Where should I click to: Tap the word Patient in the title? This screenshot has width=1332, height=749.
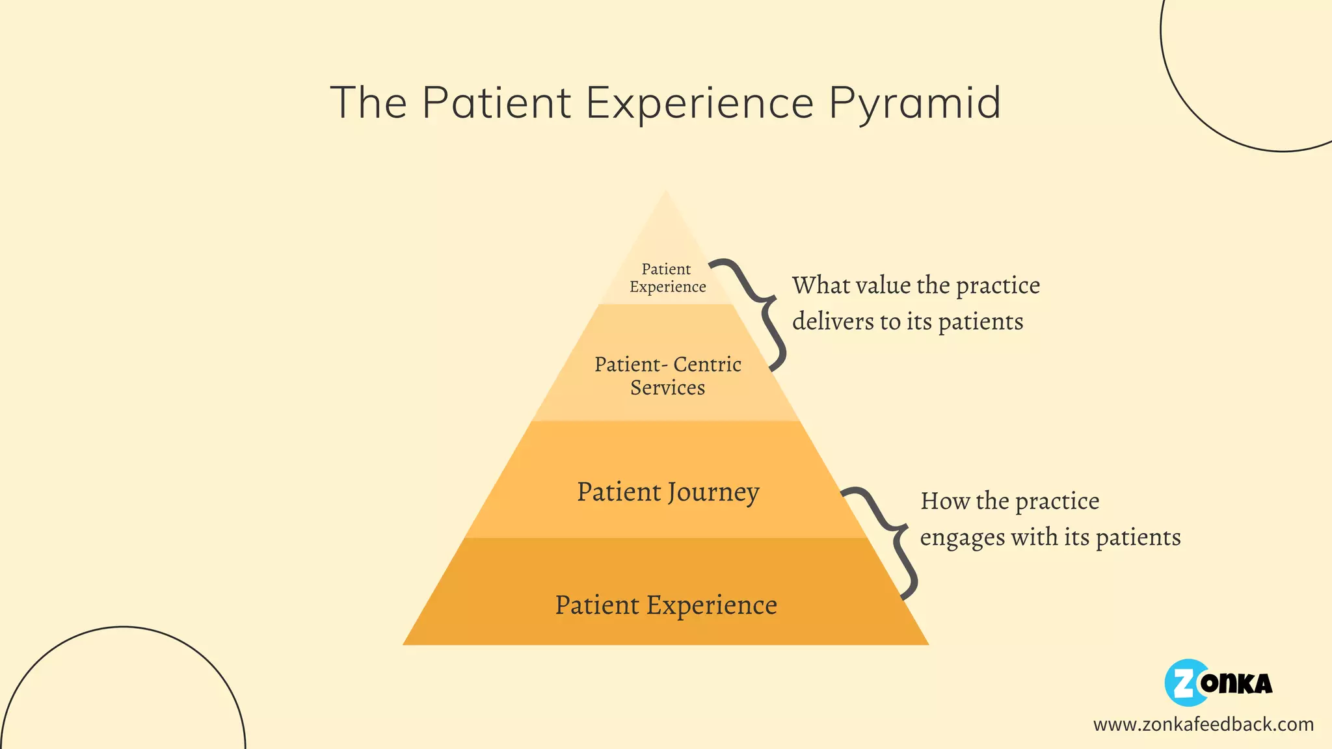point(497,103)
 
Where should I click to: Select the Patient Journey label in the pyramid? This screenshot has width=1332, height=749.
point(668,492)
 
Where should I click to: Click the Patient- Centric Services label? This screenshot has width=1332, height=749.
point(668,376)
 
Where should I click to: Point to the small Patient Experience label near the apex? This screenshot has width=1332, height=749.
point(667,278)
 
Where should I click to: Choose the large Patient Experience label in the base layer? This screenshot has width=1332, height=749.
point(666,605)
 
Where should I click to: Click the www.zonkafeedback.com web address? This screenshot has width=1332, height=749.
point(1203,724)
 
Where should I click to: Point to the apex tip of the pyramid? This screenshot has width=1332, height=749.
point(666,193)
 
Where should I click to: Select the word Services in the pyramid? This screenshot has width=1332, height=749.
point(667,388)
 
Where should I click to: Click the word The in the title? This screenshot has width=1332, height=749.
point(368,103)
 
